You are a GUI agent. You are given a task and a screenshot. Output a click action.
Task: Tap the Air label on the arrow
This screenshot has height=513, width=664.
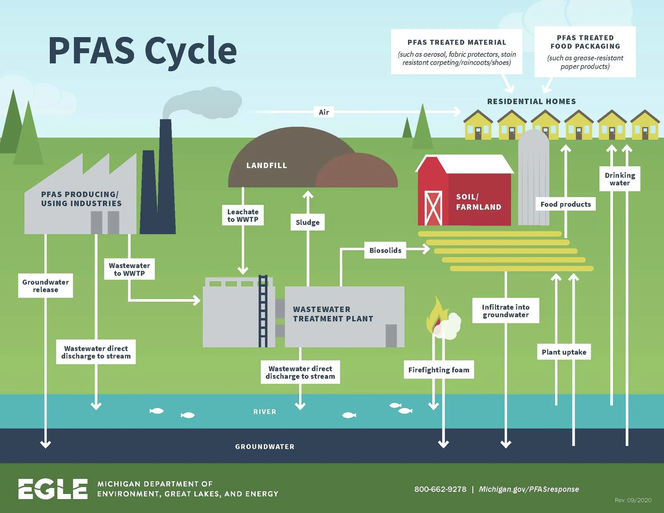pyautogui.click(x=324, y=112)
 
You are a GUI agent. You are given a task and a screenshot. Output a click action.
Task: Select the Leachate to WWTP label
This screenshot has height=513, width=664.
pyautogui.click(x=243, y=215)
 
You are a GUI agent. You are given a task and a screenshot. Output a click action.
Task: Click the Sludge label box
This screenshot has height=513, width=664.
pyautogui.click(x=307, y=222)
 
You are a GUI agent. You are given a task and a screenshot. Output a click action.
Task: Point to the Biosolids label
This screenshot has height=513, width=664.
pyautogui.click(x=385, y=250)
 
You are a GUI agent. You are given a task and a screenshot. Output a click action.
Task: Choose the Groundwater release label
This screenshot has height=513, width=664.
pyautogui.click(x=45, y=286)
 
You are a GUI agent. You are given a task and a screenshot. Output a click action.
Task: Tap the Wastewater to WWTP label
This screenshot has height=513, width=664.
pyautogui.click(x=129, y=269)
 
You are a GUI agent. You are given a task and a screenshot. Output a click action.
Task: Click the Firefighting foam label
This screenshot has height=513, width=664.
pyautogui.click(x=439, y=370)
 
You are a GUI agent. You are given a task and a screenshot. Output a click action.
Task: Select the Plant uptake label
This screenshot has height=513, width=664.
pyautogui.click(x=564, y=352)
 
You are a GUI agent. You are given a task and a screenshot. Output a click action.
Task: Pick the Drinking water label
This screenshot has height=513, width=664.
pyautogui.click(x=620, y=179)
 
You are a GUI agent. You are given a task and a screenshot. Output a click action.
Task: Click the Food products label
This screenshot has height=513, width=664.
pyautogui.click(x=565, y=204)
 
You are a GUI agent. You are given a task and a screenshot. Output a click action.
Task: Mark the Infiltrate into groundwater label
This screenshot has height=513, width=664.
pyautogui.click(x=506, y=311)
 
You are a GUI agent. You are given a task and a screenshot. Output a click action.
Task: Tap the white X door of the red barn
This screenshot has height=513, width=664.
pyautogui.click(x=433, y=208)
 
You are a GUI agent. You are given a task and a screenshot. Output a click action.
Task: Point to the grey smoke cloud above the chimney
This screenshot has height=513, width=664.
pyautogui.click(x=203, y=103)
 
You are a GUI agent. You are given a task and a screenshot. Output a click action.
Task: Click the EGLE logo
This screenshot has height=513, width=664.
pyautogui.click(x=53, y=488)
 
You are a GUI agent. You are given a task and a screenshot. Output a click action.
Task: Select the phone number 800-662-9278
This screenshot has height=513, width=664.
pyautogui.click(x=440, y=489)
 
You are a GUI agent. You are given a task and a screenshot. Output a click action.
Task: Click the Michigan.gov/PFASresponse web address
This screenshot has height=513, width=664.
pyautogui.click(x=529, y=489)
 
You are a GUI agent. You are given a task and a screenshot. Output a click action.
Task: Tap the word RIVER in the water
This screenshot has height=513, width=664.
pyautogui.click(x=265, y=412)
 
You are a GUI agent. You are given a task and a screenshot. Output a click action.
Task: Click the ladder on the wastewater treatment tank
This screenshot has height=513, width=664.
pyautogui.click(x=263, y=311)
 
